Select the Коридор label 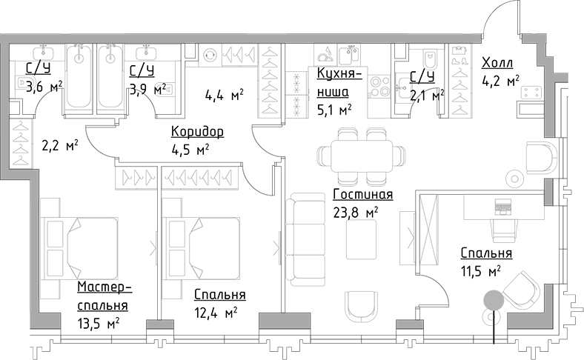pyautogui.click(x=196, y=132)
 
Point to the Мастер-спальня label pyautogui.click(x=104, y=296)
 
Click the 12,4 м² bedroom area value pyautogui.click(x=215, y=312)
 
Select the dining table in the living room pyautogui.click(x=362, y=156)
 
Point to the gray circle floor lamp pyautogui.click(x=493, y=300)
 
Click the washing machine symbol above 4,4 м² pyautogui.click(x=210, y=54)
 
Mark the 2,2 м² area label pyautogui.click(x=60, y=146)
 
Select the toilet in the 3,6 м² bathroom pyautogui.click(x=20, y=84)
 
